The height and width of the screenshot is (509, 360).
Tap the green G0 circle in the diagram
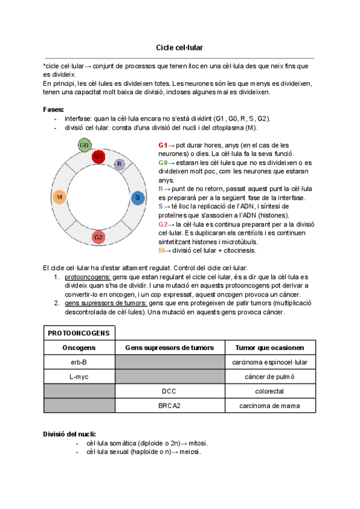click(x=85, y=145)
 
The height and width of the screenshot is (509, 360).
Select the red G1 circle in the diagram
click(x=99, y=156)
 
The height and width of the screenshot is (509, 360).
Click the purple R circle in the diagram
click(x=119, y=164)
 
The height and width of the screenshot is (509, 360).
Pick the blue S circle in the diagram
click(x=137, y=197)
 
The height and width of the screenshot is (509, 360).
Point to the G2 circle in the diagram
click(x=100, y=237)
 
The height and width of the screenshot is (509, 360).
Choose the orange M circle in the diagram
click(x=59, y=197)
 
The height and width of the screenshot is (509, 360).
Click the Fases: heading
click(x=53, y=109)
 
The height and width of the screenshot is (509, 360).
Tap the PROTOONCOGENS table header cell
click(x=79, y=333)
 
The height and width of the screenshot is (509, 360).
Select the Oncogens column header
click(x=79, y=348)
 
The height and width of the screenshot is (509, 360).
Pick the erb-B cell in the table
click(x=79, y=362)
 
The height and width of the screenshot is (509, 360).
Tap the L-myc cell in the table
click(x=79, y=376)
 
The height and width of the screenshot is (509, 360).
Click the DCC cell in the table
click(x=169, y=391)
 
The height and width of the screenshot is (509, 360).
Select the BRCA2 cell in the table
click(x=169, y=406)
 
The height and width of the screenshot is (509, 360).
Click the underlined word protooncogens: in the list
click(x=87, y=277)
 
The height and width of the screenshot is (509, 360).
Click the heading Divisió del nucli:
click(x=68, y=433)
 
